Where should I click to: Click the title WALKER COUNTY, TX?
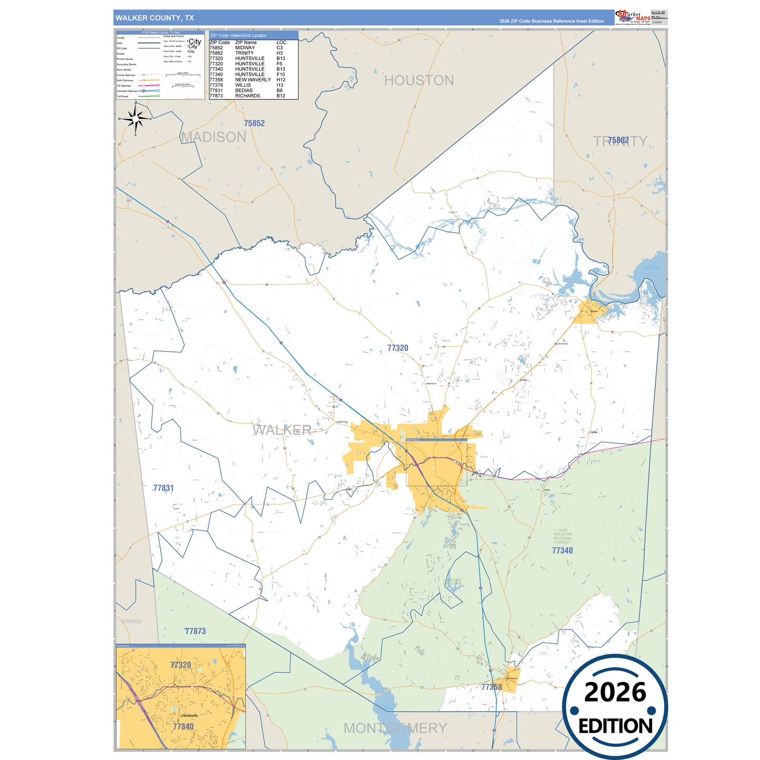155,18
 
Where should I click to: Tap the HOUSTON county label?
419,80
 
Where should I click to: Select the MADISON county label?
214,137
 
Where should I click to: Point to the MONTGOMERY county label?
395,728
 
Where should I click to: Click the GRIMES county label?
131,621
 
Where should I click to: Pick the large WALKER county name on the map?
282,430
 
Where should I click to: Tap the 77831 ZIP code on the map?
163,488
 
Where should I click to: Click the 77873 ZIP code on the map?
195,631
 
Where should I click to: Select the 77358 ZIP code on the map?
491,687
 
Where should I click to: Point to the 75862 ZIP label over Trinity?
619,140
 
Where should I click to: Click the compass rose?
136,119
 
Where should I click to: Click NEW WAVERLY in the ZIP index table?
253,80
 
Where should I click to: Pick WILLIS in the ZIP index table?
243,85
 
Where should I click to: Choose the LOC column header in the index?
281,43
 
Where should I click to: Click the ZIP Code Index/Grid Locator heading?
238,35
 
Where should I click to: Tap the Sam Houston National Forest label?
562,536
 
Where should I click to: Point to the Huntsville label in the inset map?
189,715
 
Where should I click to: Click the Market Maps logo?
633,17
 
